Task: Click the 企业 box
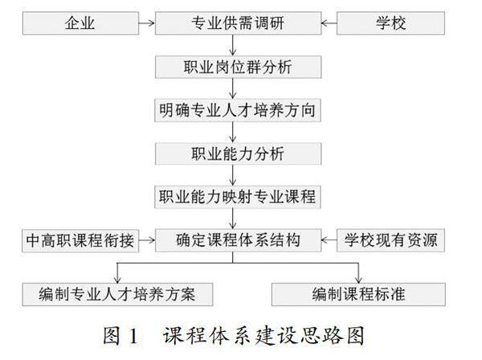point(80,24)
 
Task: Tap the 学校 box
point(391,24)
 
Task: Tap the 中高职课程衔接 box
point(80,239)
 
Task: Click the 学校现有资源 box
point(391,239)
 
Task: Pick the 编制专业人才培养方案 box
point(118,293)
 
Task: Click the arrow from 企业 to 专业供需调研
point(147,24)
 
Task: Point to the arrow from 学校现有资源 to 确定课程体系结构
point(328,239)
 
